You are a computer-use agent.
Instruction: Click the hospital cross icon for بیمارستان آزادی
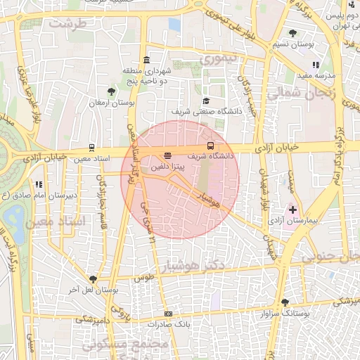292,210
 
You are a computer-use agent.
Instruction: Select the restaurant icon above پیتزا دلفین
167,155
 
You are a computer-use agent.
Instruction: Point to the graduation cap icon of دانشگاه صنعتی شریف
206,101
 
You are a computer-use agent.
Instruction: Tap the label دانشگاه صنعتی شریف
206,111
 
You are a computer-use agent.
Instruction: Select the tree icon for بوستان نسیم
292,32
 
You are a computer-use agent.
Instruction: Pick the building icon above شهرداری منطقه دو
146,59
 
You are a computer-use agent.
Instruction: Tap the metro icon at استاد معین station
91,148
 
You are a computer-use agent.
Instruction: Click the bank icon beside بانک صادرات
167,314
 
